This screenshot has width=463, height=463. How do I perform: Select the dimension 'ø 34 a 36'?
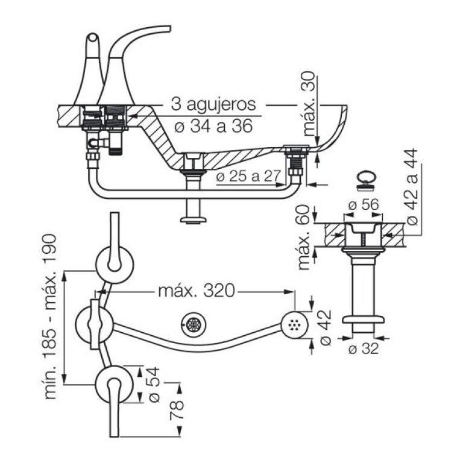(x=211, y=126)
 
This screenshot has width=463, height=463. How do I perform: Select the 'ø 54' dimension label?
(x=154, y=386)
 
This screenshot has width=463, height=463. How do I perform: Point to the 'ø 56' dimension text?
(x=364, y=204)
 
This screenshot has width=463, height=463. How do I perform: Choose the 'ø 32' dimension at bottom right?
(x=364, y=348)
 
